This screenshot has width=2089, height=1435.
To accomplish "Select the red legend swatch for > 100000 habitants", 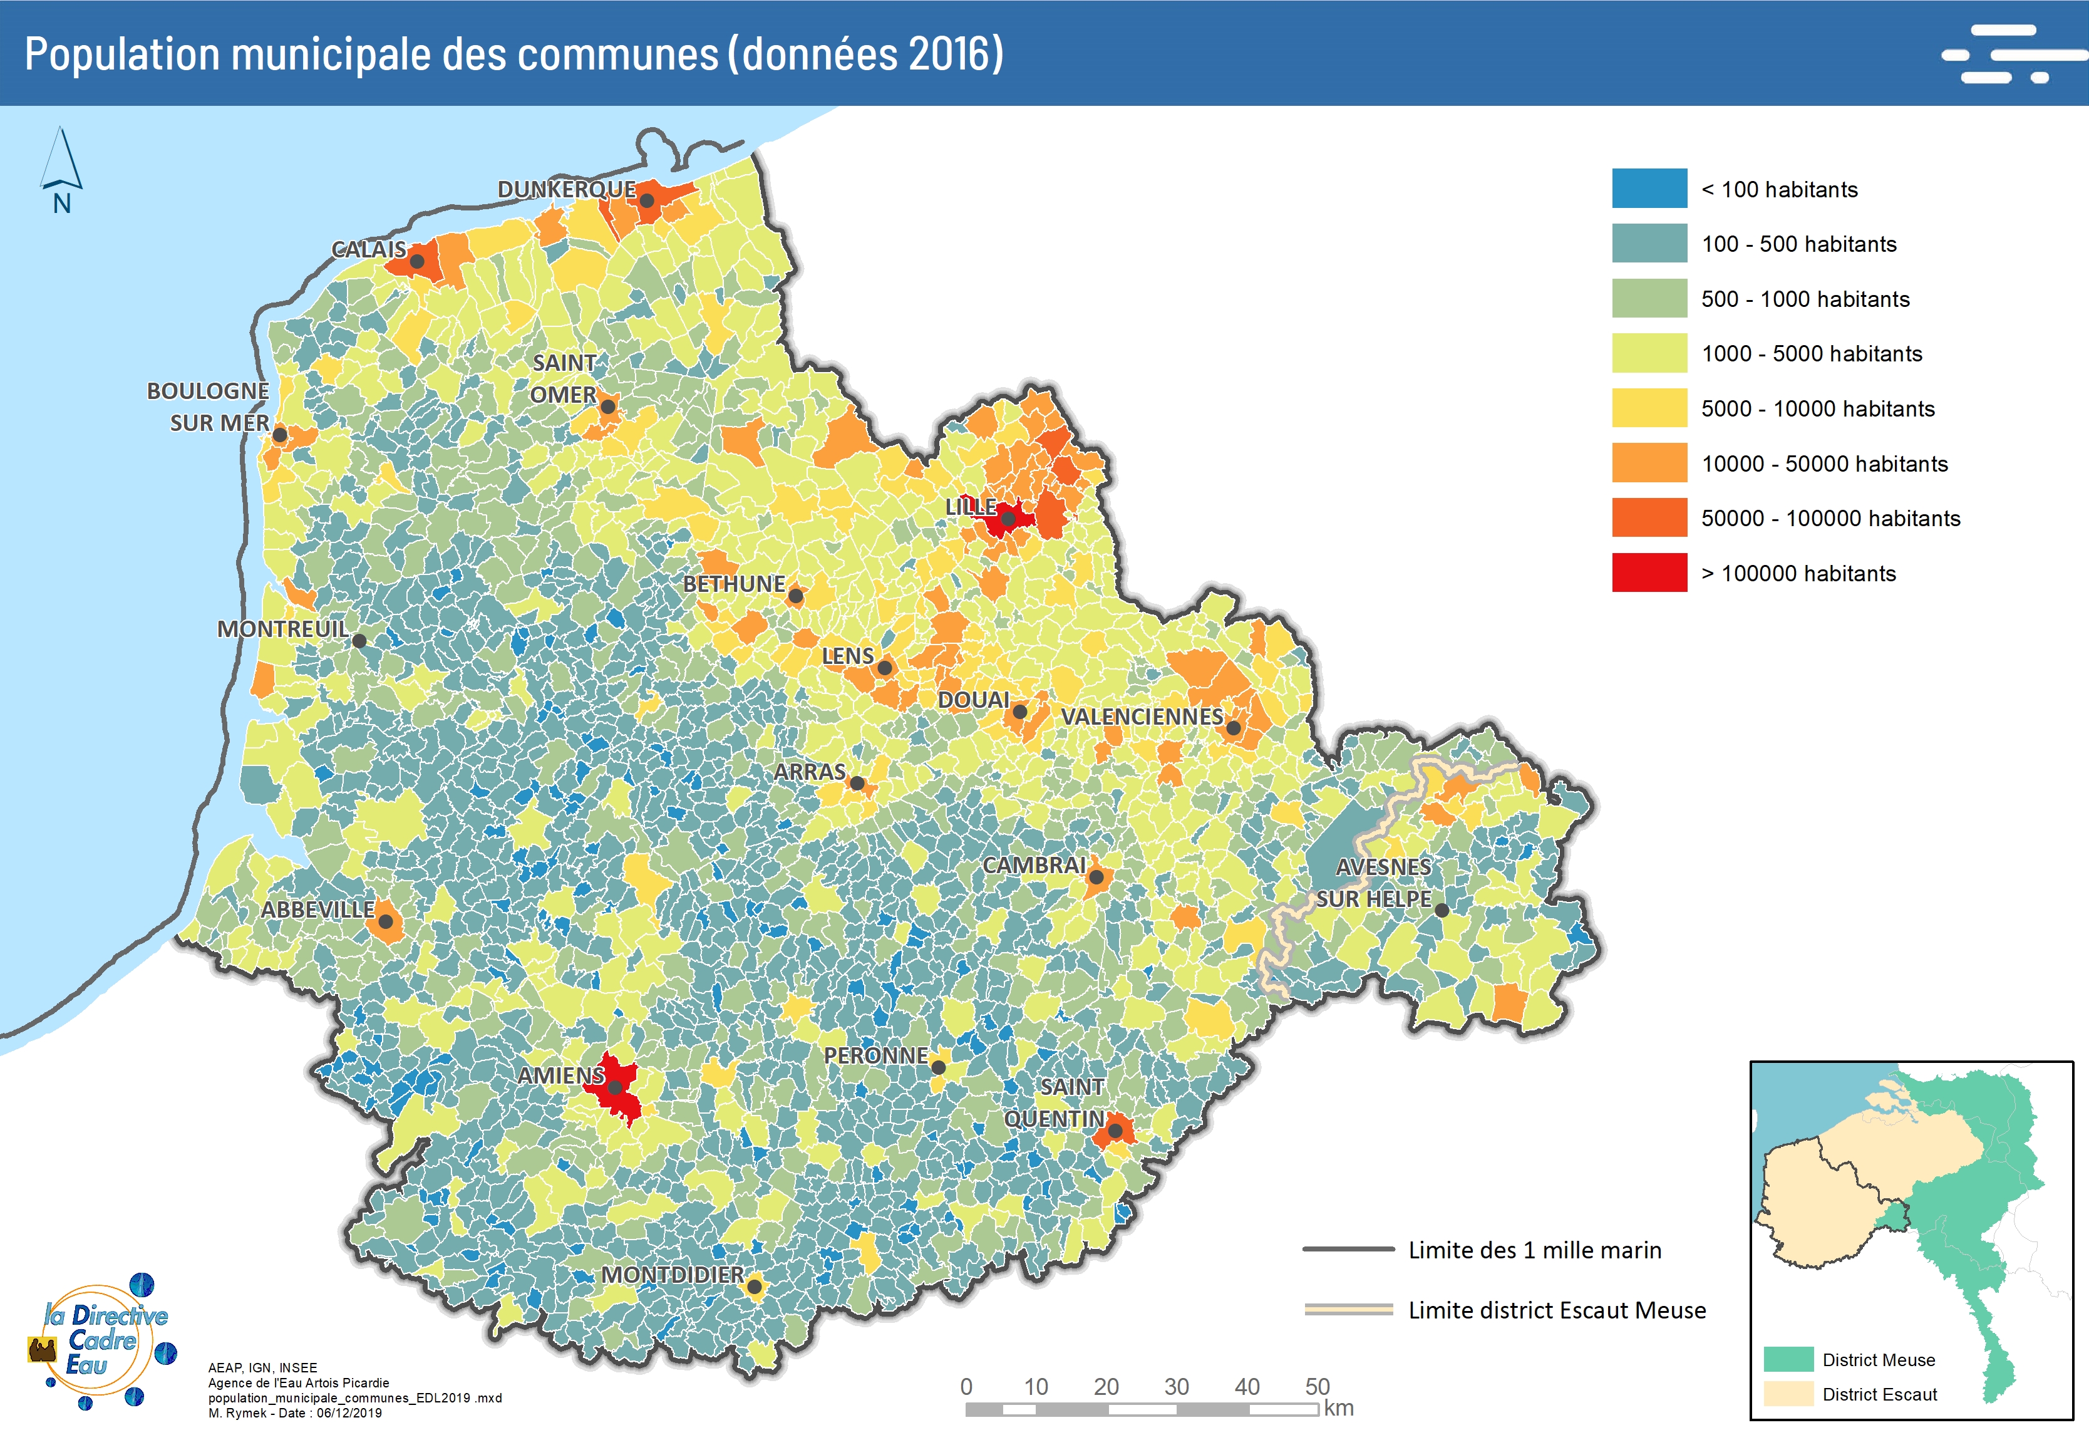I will click(1649, 572).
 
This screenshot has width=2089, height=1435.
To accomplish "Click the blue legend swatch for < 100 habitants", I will click(1649, 189).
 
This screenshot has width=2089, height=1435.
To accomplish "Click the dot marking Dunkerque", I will click(646, 200).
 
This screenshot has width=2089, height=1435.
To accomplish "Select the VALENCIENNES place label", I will click(1142, 717).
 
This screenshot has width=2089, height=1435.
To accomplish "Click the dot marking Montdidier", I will click(754, 1287).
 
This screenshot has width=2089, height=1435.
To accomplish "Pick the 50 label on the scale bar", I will click(1317, 1386).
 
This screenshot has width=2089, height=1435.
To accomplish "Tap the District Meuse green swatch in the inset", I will click(1788, 1359).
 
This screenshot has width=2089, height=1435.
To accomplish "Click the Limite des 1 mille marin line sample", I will click(1348, 1249).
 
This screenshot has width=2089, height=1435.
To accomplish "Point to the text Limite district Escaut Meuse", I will click(1556, 1310).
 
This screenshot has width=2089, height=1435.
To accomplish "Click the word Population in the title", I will click(122, 54).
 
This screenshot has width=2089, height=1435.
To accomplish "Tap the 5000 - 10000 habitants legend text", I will click(1817, 408).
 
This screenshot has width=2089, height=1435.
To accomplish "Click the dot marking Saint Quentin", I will click(1115, 1130).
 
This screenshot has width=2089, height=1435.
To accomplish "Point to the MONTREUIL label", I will click(282, 628).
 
